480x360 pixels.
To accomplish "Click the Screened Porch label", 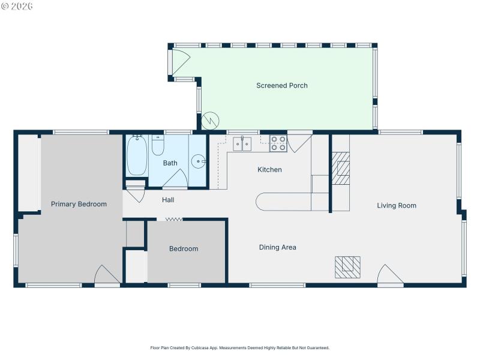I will (x=281, y=86).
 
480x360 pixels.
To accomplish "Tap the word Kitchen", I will (x=269, y=170).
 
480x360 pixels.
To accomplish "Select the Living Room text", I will (x=396, y=206).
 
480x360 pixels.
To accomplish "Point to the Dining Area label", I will (x=277, y=247).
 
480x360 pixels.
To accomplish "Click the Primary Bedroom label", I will (x=79, y=204).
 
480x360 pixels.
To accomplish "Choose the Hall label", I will (x=168, y=200).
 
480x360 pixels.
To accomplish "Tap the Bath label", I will (x=170, y=163).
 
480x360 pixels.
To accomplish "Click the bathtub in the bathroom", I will (x=137, y=155).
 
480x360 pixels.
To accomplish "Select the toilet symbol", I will (x=158, y=146).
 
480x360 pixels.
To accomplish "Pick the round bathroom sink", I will (x=199, y=161).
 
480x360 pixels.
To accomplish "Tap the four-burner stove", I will (x=278, y=144).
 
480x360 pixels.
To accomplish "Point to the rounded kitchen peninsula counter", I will (x=282, y=202).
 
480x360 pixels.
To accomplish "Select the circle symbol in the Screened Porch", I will (x=211, y=121).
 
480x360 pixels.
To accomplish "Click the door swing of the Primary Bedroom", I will (x=106, y=275).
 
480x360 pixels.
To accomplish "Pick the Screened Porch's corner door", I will (x=179, y=62).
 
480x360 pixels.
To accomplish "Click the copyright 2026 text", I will (x=17, y=6).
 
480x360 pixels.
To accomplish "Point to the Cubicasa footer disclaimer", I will (x=239, y=347).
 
